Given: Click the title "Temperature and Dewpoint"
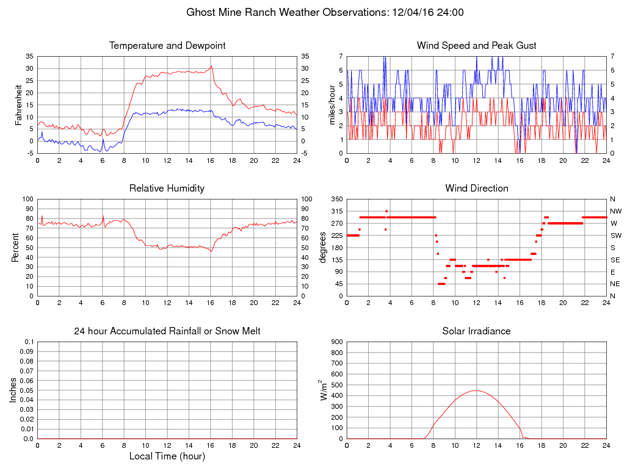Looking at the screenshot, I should (x=167, y=46).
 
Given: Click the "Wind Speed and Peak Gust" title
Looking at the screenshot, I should (x=476, y=46).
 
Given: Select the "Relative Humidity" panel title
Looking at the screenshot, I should (x=167, y=189).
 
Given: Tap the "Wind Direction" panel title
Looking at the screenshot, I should (x=476, y=189).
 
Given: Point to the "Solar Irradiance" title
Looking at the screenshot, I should (x=476, y=331).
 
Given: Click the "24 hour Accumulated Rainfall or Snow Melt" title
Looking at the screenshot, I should (x=167, y=331).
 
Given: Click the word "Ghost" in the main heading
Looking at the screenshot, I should (x=202, y=12).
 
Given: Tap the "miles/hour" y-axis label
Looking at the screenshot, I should (x=333, y=104).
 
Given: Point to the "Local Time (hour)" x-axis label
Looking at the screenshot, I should (x=167, y=456).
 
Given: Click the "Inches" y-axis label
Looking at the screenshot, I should (x=13, y=390).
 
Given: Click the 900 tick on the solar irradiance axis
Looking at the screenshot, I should (x=336, y=342).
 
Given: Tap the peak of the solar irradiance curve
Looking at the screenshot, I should (x=476, y=390).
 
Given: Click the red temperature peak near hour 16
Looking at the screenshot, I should (x=211, y=66).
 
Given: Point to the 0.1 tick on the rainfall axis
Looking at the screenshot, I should (x=29, y=342).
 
